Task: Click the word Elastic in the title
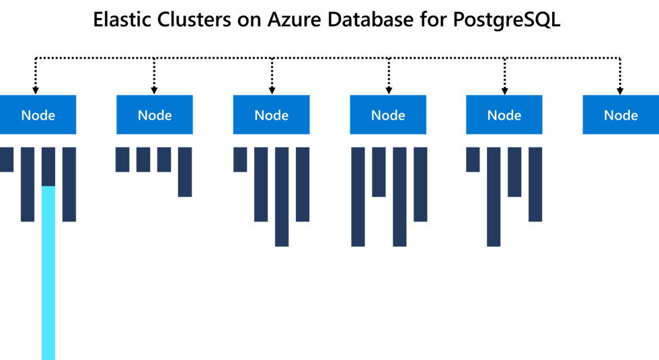(122, 20)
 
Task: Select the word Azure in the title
(295, 20)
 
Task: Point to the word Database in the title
(371, 20)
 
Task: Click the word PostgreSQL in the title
(506, 20)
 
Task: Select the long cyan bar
(48, 273)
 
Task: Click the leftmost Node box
(38, 114)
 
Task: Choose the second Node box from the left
(155, 114)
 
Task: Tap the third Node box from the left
(272, 114)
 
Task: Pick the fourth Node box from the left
(388, 114)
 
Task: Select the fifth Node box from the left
(504, 114)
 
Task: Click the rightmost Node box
(621, 114)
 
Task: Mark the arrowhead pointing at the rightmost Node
(620, 91)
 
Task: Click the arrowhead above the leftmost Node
(36, 91)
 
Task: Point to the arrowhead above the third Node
(272, 91)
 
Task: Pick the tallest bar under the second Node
(185, 172)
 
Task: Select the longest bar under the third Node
(282, 196)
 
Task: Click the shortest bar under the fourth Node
(379, 172)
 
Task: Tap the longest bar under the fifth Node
(494, 196)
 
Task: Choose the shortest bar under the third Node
(240, 159)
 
